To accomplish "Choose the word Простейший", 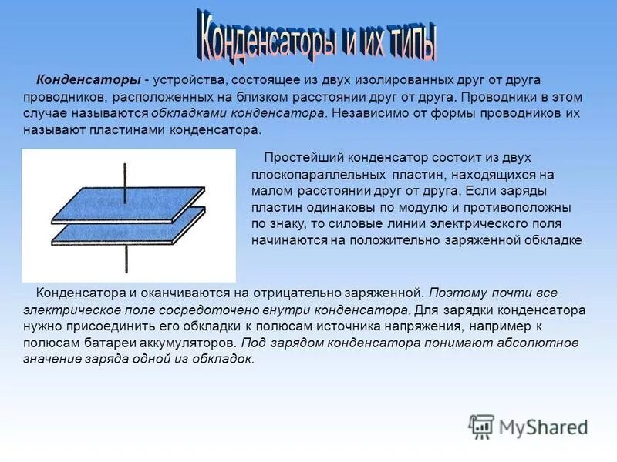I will [297, 158].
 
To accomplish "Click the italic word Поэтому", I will [454, 293].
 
